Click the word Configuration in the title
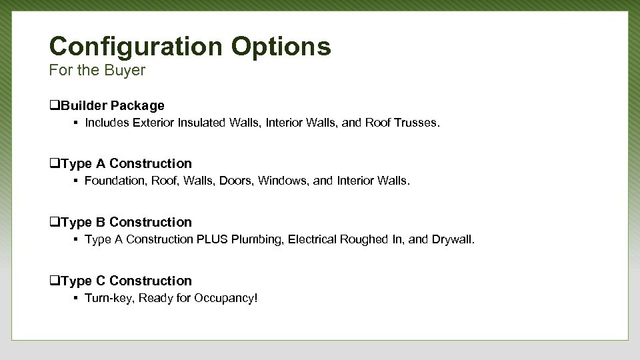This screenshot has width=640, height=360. coord(136,47)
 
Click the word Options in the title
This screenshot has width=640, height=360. coord(281,47)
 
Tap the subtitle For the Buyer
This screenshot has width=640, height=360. coord(97,70)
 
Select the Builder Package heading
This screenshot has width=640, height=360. coord(112,105)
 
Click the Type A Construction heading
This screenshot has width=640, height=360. coord(126,163)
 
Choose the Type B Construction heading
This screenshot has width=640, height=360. coord(126,222)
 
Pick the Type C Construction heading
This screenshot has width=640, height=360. coord(126,281)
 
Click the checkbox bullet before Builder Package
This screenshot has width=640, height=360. coord(54,105)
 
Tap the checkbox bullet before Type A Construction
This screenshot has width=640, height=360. coord(54,163)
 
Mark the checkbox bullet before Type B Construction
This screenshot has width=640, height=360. coord(54,222)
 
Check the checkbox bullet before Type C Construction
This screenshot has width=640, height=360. coord(54,281)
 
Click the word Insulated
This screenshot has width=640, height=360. coord(201,123)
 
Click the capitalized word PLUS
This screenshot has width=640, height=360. coord(212,239)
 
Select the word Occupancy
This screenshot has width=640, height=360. coord(225,298)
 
